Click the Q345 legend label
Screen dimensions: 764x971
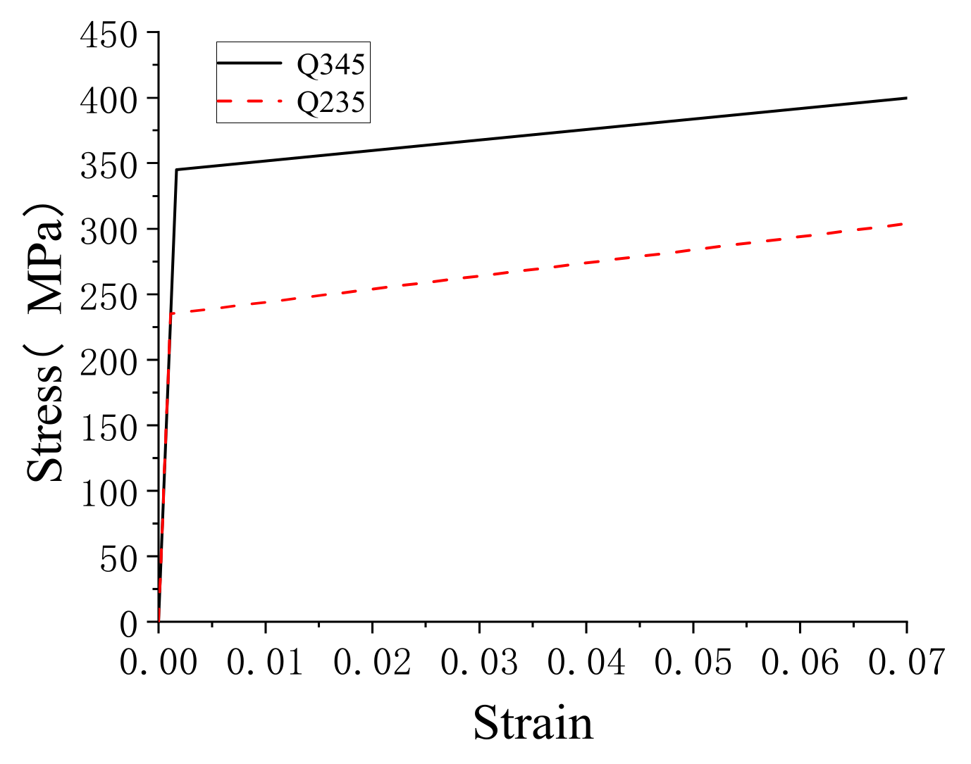pyautogui.click(x=330, y=65)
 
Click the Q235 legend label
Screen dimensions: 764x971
pyautogui.click(x=330, y=103)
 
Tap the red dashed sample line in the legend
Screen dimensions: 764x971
pyautogui.click(x=249, y=101)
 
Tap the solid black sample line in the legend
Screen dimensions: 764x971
pyautogui.click(x=249, y=63)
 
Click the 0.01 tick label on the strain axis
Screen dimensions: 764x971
pyautogui.click(x=266, y=662)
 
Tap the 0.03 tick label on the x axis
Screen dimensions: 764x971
pyautogui.click(x=479, y=662)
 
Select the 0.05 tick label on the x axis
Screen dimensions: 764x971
pyautogui.click(x=693, y=662)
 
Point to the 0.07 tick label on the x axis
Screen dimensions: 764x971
pyautogui.click(x=906, y=662)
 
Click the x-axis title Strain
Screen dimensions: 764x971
pyautogui.click(x=533, y=723)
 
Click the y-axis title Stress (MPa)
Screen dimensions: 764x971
pyautogui.click(x=45, y=344)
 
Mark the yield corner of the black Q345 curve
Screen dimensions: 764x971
pyautogui.click(x=176, y=170)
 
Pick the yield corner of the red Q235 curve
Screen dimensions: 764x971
pyautogui.click(x=170, y=314)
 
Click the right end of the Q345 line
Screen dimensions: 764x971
pyautogui.click(x=906, y=98)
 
